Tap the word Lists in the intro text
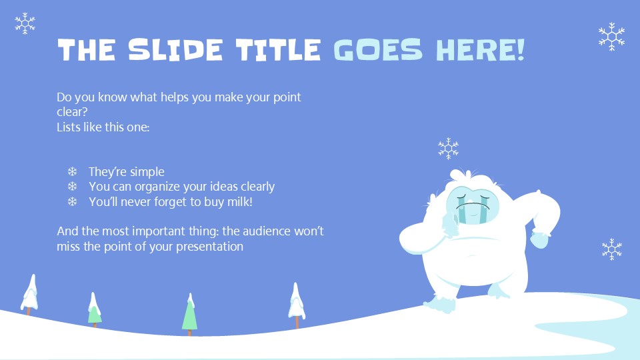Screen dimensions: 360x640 point(69,127)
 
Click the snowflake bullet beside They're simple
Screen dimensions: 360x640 point(73,172)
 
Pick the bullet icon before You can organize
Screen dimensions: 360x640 point(73,187)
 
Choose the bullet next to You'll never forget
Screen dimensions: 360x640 point(73,201)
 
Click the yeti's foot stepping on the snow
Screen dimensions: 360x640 point(440,304)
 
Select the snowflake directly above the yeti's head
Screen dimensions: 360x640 point(448,148)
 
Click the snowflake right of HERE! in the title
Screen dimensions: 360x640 point(611,36)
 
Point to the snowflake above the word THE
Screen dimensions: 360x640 point(25,23)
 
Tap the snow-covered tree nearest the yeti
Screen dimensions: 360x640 point(297,303)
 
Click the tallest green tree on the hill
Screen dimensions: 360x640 point(189,313)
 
